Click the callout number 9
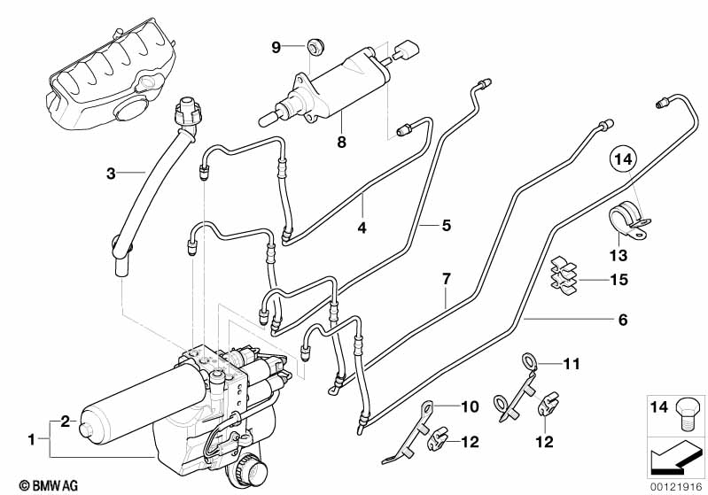[x=276, y=47]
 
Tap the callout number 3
[x=111, y=174]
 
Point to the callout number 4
[x=362, y=228]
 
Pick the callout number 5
[x=447, y=226]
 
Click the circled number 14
[x=622, y=161]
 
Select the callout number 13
[x=617, y=256]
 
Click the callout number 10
[x=470, y=406]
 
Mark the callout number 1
[x=32, y=438]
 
